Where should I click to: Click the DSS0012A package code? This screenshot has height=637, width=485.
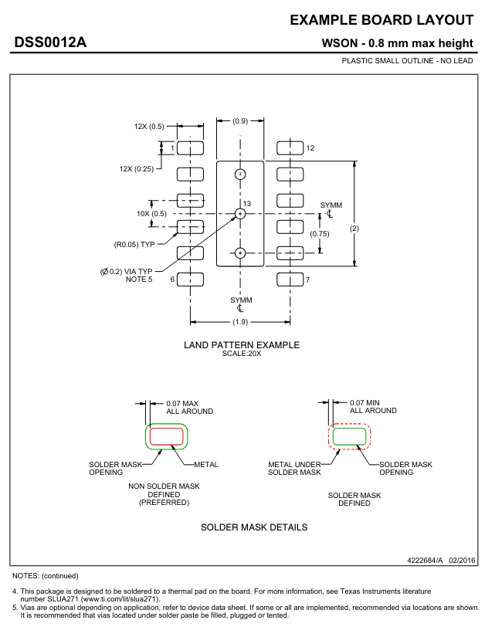point(50,42)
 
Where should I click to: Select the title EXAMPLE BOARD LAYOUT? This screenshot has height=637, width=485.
point(382,20)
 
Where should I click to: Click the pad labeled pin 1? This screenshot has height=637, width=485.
point(190,148)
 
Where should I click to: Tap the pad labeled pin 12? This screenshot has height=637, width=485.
point(290,148)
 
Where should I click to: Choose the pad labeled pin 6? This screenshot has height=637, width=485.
point(190,280)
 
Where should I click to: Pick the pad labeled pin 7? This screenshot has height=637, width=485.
point(290,280)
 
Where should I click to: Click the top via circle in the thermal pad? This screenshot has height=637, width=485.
point(240,174)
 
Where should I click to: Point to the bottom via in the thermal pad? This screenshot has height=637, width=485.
point(240,253)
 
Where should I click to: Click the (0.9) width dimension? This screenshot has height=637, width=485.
point(240,120)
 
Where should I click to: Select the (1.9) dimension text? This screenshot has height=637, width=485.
point(240,322)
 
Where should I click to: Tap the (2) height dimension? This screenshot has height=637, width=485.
point(354,229)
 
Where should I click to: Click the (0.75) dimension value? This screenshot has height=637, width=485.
point(320,234)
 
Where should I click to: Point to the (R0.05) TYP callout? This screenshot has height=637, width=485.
point(134,245)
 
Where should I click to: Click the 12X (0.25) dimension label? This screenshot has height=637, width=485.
point(137,169)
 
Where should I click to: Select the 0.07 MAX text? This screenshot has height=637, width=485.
point(182,403)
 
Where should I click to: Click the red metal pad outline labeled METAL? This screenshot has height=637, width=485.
point(167,428)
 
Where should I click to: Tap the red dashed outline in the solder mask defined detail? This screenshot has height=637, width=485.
point(350,425)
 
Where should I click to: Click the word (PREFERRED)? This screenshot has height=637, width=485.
point(164,503)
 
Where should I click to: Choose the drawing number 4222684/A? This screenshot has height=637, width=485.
point(425,561)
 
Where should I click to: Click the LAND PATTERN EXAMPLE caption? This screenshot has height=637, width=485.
point(242,345)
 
